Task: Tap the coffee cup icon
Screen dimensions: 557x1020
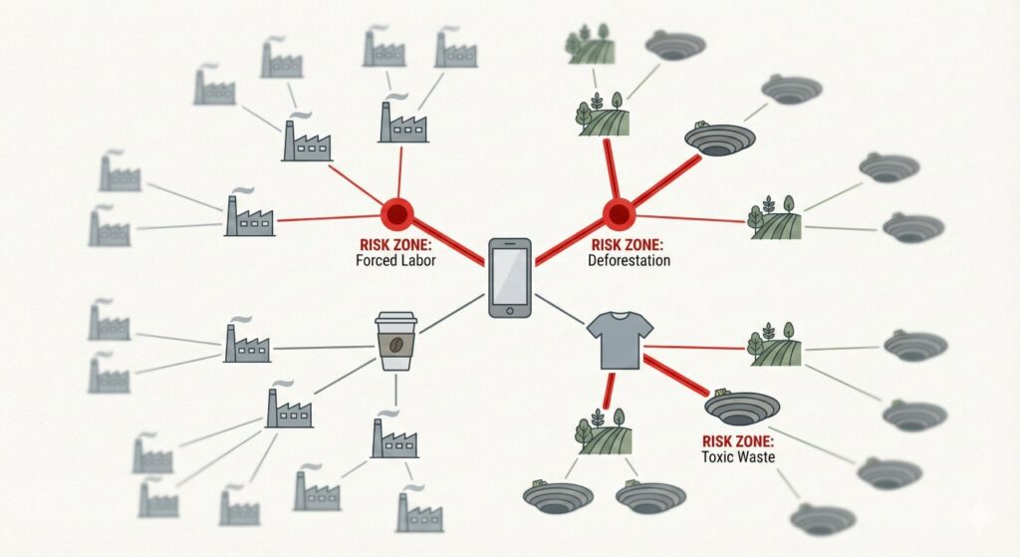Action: point(395,341)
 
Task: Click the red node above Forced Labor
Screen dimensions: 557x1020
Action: point(397,212)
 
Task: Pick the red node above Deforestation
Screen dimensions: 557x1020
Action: point(619,212)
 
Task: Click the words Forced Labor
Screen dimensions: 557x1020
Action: point(396,261)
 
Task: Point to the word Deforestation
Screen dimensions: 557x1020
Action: point(631,261)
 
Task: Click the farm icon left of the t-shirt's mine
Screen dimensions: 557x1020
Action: point(775,343)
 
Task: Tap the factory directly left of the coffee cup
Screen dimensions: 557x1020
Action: point(246,341)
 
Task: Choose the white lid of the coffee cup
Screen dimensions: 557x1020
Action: point(395,320)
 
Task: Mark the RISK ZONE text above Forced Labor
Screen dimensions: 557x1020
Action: point(396,244)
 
